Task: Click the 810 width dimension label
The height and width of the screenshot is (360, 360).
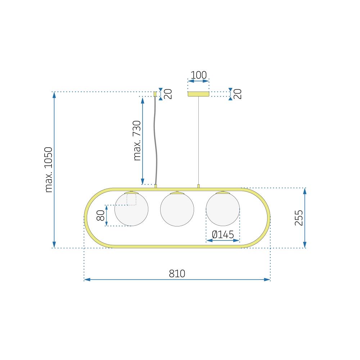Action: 177,274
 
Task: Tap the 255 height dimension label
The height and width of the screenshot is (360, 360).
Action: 299,217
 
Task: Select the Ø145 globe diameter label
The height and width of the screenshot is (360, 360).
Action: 223,235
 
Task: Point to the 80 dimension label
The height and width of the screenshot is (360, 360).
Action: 101,215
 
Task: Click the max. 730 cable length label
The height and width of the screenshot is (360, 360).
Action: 137,140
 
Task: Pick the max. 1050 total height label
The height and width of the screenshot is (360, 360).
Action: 49,170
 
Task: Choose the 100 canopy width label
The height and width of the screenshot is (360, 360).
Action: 198,75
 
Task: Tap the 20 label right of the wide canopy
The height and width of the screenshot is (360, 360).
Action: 238,94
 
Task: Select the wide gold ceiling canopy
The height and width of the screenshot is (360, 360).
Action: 198,94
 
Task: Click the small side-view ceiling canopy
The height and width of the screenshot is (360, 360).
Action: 155,94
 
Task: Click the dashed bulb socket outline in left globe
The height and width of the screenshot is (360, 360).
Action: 131,199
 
